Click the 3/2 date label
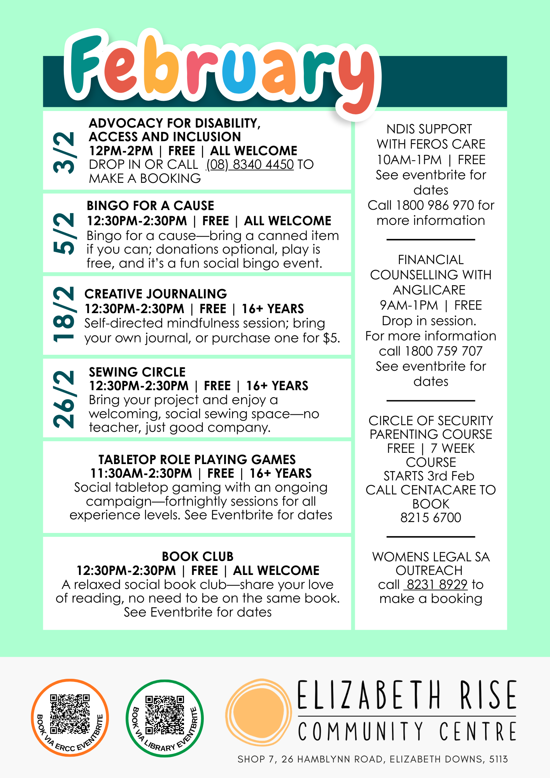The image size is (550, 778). [x=65, y=152]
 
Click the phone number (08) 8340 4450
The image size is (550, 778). [x=250, y=165]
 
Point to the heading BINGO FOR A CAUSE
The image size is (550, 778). [x=151, y=205]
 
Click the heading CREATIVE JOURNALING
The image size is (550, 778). [x=156, y=294]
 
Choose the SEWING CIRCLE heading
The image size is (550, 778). [x=137, y=372]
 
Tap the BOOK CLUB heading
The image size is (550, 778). [x=198, y=556]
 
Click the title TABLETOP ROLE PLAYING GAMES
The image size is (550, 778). [x=197, y=459]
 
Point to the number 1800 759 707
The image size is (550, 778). [x=443, y=351]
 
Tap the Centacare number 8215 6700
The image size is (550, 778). [x=431, y=517]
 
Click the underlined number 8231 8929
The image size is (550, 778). [x=437, y=584]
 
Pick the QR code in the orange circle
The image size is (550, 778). [x=70, y=714]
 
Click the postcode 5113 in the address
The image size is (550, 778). [x=498, y=759]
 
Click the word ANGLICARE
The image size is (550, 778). [x=429, y=290]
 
